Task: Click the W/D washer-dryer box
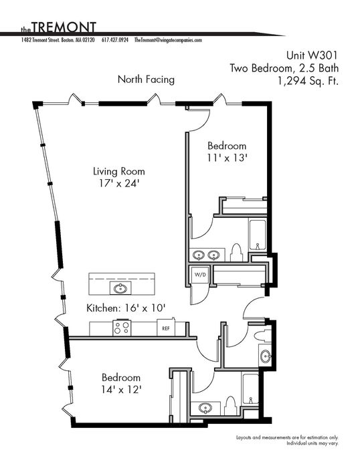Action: click(x=200, y=275)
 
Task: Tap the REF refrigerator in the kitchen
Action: click(x=165, y=328)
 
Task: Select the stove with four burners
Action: click(x=122, y=328)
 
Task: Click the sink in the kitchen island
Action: click(x=120, y=287)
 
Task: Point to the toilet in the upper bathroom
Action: click(x=235, y=252)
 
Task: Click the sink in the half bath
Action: click(x=264, y=355)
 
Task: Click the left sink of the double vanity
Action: click(x=199, y=255)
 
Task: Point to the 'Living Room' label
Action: click(x=119, y=171)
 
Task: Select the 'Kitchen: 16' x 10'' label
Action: click(x=126, y=308)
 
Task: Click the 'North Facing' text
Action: click(x=146, y=80)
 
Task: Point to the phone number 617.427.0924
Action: click(x=116, y=40)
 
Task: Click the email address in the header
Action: click(x=168, y=40)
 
